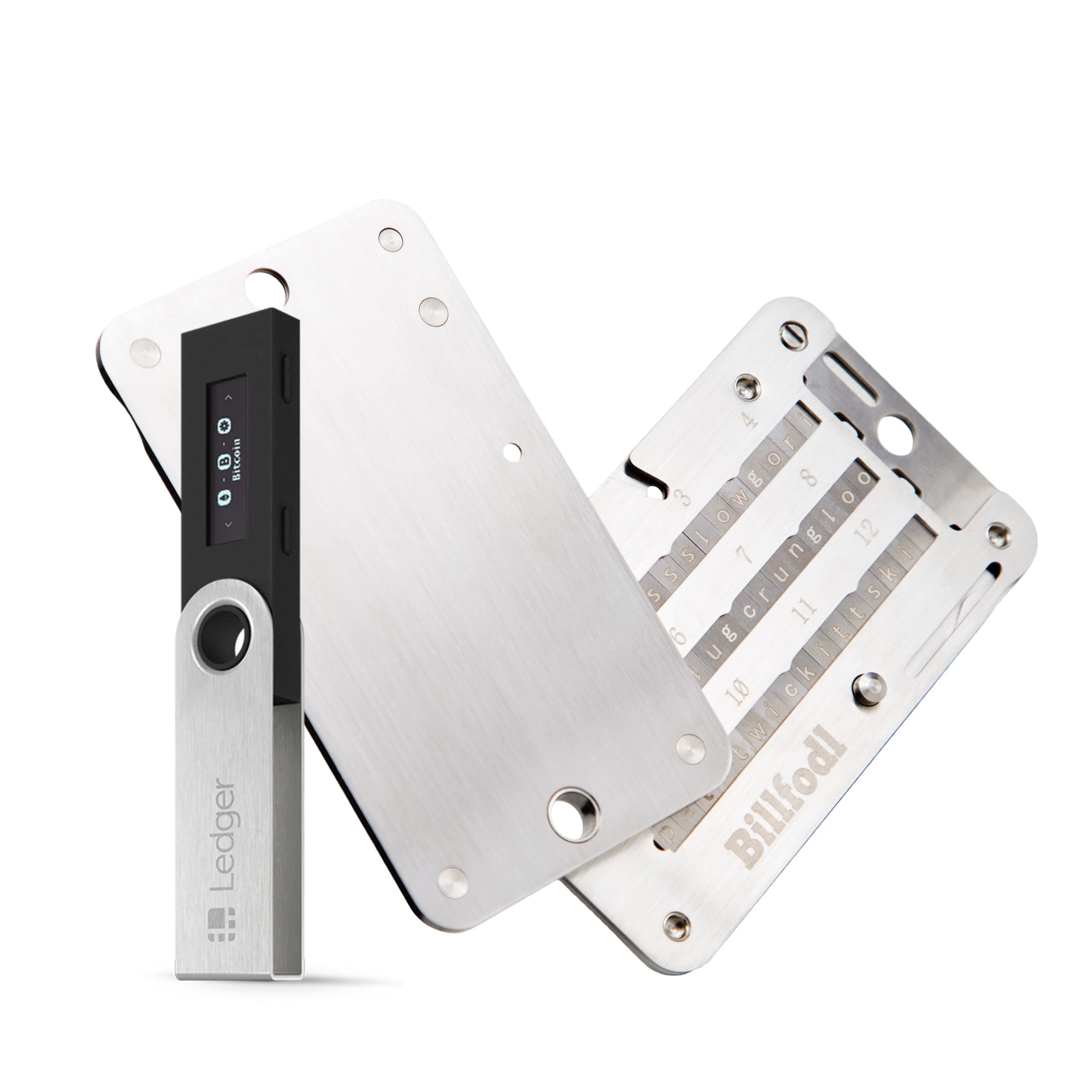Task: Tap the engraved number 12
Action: [867, 528]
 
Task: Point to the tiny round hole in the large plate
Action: [513, 450]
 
